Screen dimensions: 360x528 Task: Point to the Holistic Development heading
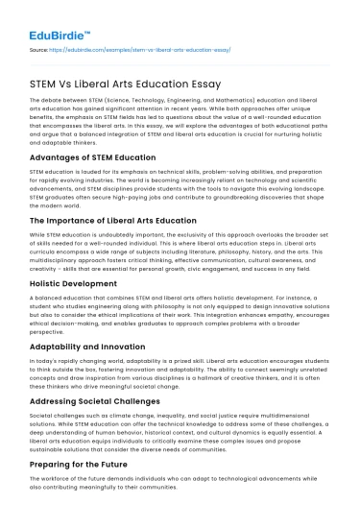coord(65,284)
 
